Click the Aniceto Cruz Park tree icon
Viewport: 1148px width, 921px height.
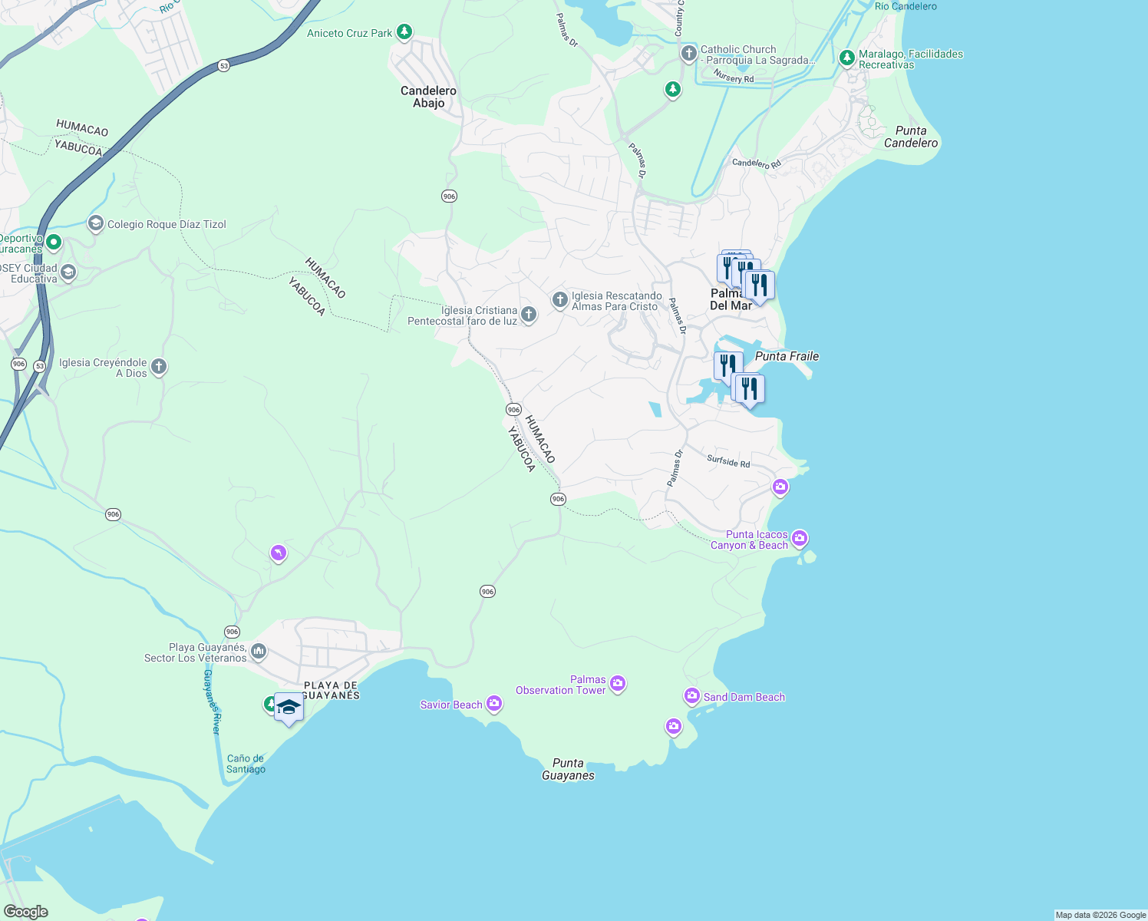pyautogui.click(x=404, y=33)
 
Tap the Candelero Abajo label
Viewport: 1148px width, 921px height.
pyautogui.click(x=428, y=97)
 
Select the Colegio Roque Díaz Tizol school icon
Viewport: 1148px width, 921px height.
pyautogui.click(x=96, y=223)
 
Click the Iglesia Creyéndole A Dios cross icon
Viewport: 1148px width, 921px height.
pyautogui.click(x=159, y=367)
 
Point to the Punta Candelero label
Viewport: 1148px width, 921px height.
pyautogui.click(x=910, y=137)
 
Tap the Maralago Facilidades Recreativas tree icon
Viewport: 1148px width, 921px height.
pyautogui.click(x=847, y=58)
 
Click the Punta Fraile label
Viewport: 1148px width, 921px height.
pyautogui.click(x=787, y=356)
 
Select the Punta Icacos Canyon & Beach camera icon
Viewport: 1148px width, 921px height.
pyautogui.click(x=800, y=539)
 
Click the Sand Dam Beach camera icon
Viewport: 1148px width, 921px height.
pyautogui.click(x=692, y=696)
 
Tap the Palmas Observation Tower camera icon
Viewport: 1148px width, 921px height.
pyautogui.click(x=618, y=684)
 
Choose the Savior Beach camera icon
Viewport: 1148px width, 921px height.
pyautogui.click(x=494, y=704)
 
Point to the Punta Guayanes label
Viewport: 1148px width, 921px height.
pyautogui.click(x=568, y=769)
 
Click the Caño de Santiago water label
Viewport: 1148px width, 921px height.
pyautogui.click(x=246, y=764)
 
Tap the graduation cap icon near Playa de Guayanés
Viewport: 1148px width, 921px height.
pyautogui.click(x=289, y=708)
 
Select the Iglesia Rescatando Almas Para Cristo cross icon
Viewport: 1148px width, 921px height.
pyautogui.click(x=560, y=299)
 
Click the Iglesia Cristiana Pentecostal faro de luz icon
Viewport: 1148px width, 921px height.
pyautogui.click(x=528, y=314)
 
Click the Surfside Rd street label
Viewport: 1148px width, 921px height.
pyautogui.click(x=728, y=461)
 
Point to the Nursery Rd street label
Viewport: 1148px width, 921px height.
pyautogui.click(x=734, y=77)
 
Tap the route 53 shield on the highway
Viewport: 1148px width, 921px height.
pyautogui.click(x=223, y=66)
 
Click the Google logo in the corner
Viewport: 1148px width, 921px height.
pyautogui.click(x=25, y=912)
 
